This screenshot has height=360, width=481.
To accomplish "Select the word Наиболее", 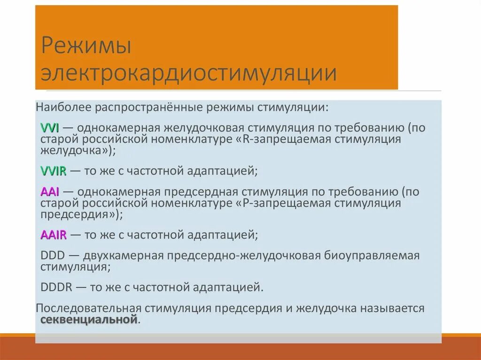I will (x=64, y=107).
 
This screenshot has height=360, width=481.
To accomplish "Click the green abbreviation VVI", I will (x=49, y=128).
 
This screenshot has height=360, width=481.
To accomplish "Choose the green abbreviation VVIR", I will (x=53, y=171).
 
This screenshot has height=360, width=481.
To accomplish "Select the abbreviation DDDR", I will (x=56, y=287).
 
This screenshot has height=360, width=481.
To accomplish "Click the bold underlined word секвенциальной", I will (x=89, y=320).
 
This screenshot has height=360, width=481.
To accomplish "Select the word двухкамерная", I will (x=123, y=256).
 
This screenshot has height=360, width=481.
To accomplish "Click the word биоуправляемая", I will (x=371, y=256).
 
